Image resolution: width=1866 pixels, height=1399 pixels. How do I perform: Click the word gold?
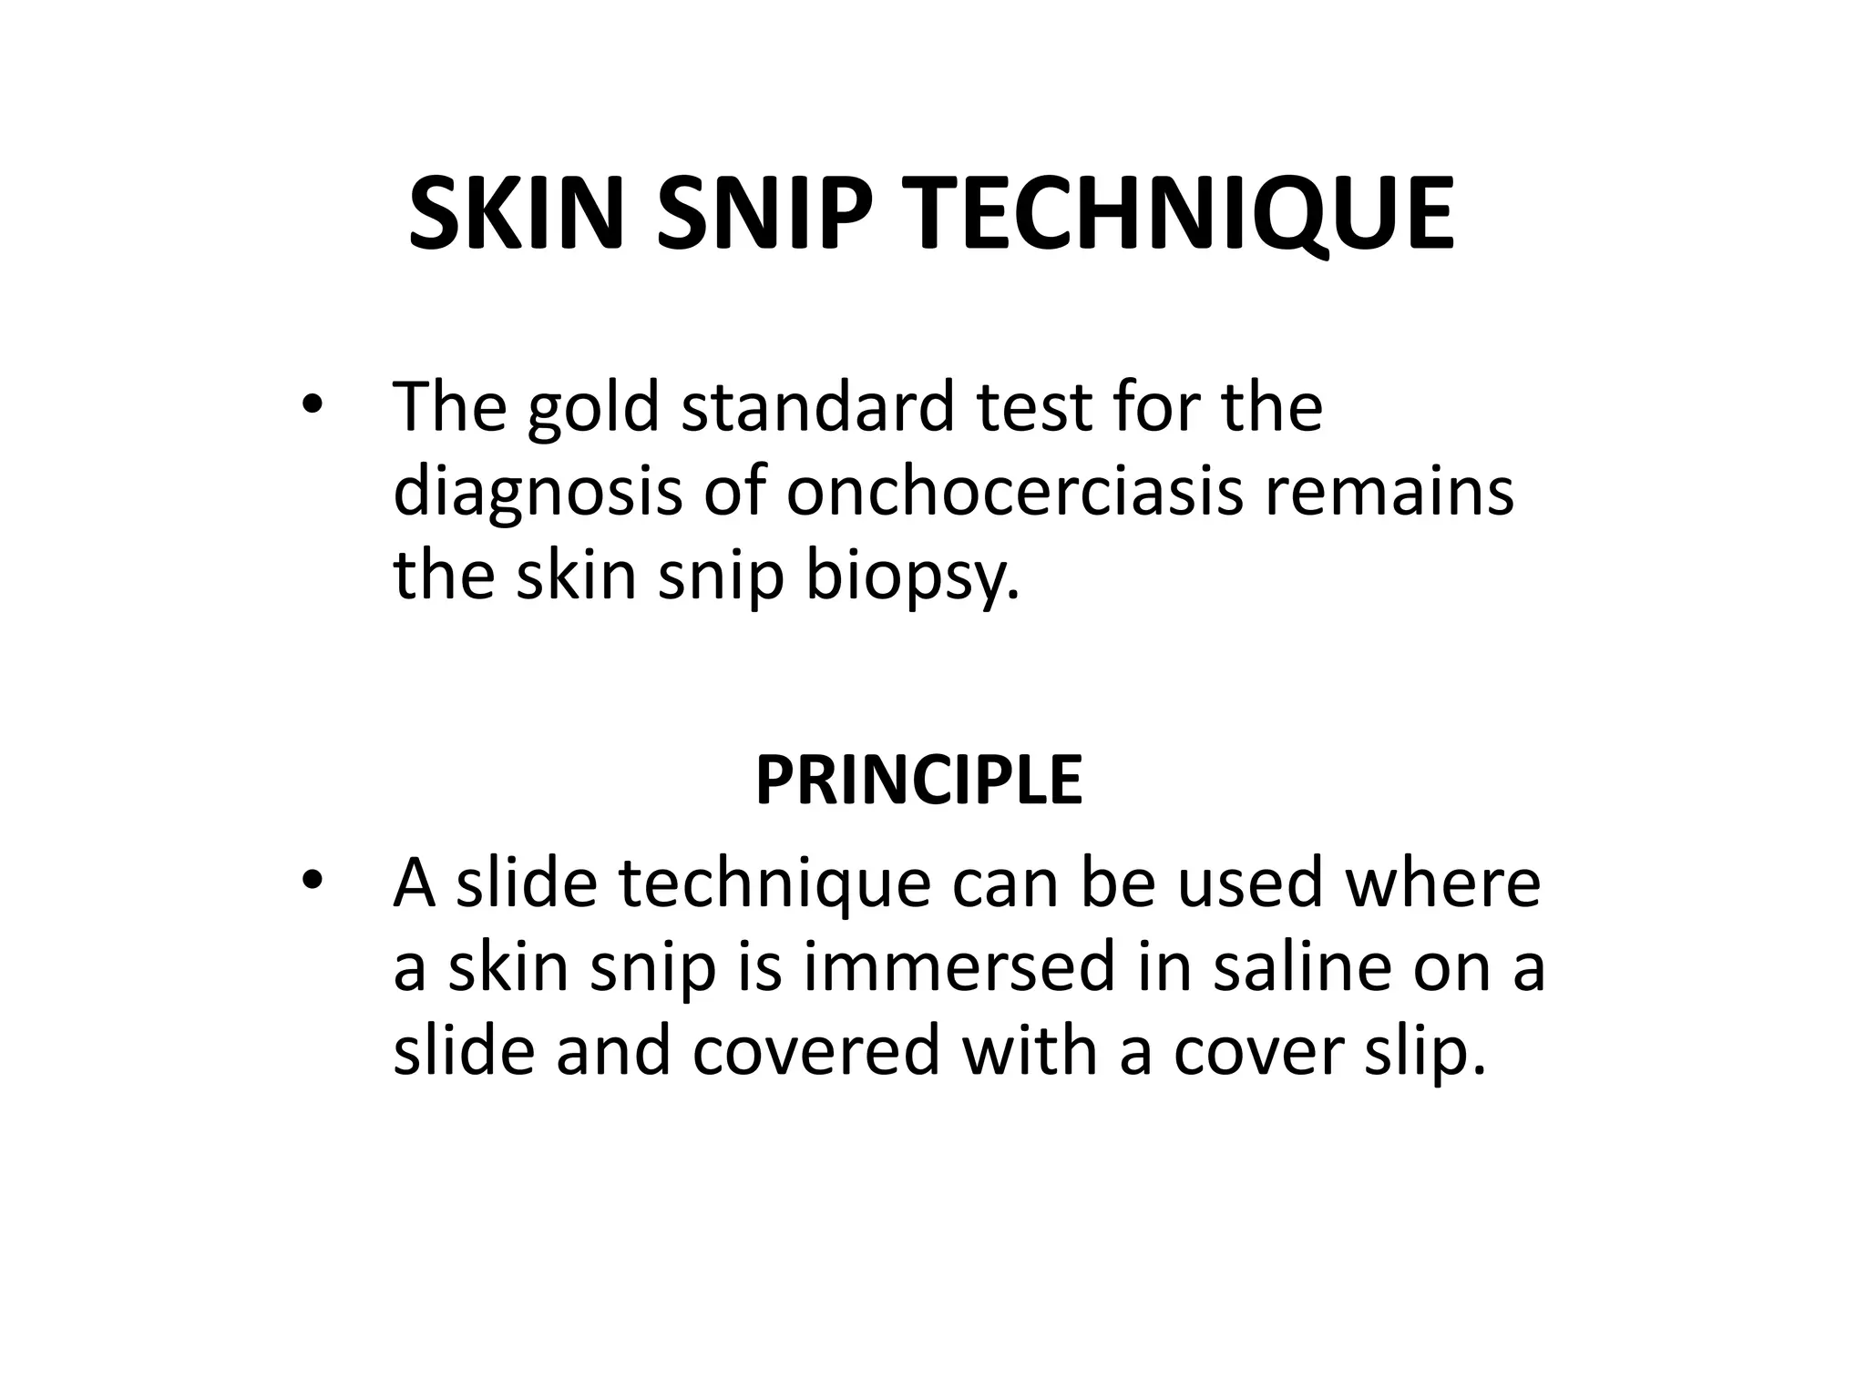pyautogui.click(x=593, y=408)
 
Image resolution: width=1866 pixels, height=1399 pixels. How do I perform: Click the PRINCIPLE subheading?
pyautogui.click(x=918, y=781)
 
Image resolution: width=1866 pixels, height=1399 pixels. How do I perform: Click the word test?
pyautogui.click(x=1033, y=408)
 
